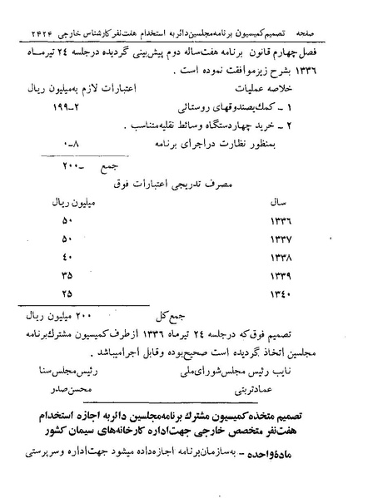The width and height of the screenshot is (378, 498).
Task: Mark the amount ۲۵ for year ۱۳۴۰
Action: (67, 293)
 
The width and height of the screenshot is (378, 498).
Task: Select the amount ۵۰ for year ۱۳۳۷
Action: (67, 239)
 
